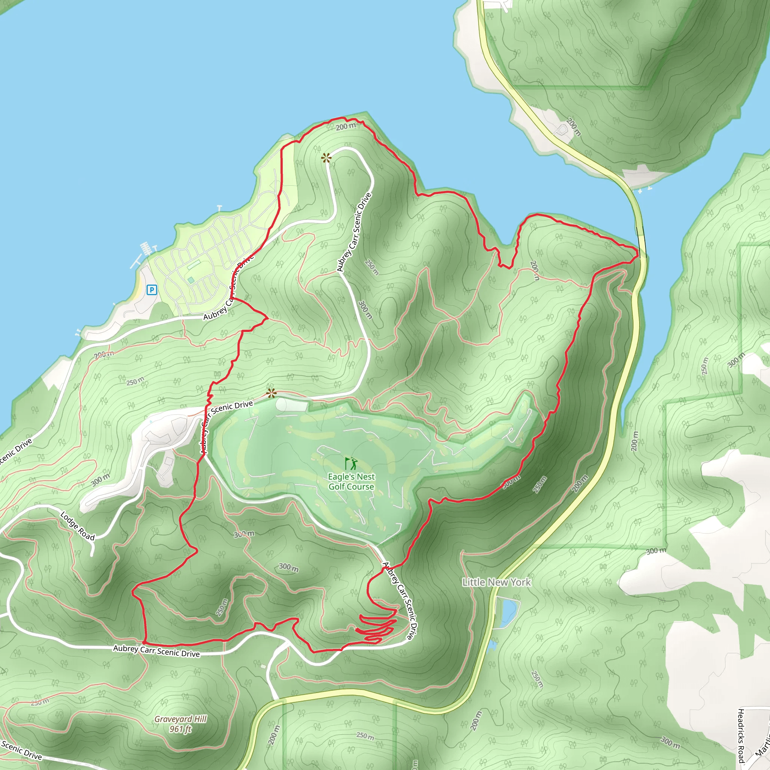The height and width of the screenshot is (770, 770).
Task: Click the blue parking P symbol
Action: [152, 290]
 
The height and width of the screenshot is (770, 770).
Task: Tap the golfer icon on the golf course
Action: [351, 463]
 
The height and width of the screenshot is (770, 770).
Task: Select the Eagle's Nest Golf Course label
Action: [351, 482]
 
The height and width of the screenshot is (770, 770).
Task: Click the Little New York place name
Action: [496, 582]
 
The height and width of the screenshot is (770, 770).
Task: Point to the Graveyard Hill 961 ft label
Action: [180, 724]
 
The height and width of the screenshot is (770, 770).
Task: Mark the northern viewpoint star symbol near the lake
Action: [326, 158]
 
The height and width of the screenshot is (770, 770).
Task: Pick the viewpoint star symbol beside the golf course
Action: [271, 394]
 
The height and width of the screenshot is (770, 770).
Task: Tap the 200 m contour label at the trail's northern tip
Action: [345, 126]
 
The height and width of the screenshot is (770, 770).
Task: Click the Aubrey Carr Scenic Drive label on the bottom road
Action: [156, 651]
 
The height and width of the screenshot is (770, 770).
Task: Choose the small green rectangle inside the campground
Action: [194, 265]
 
